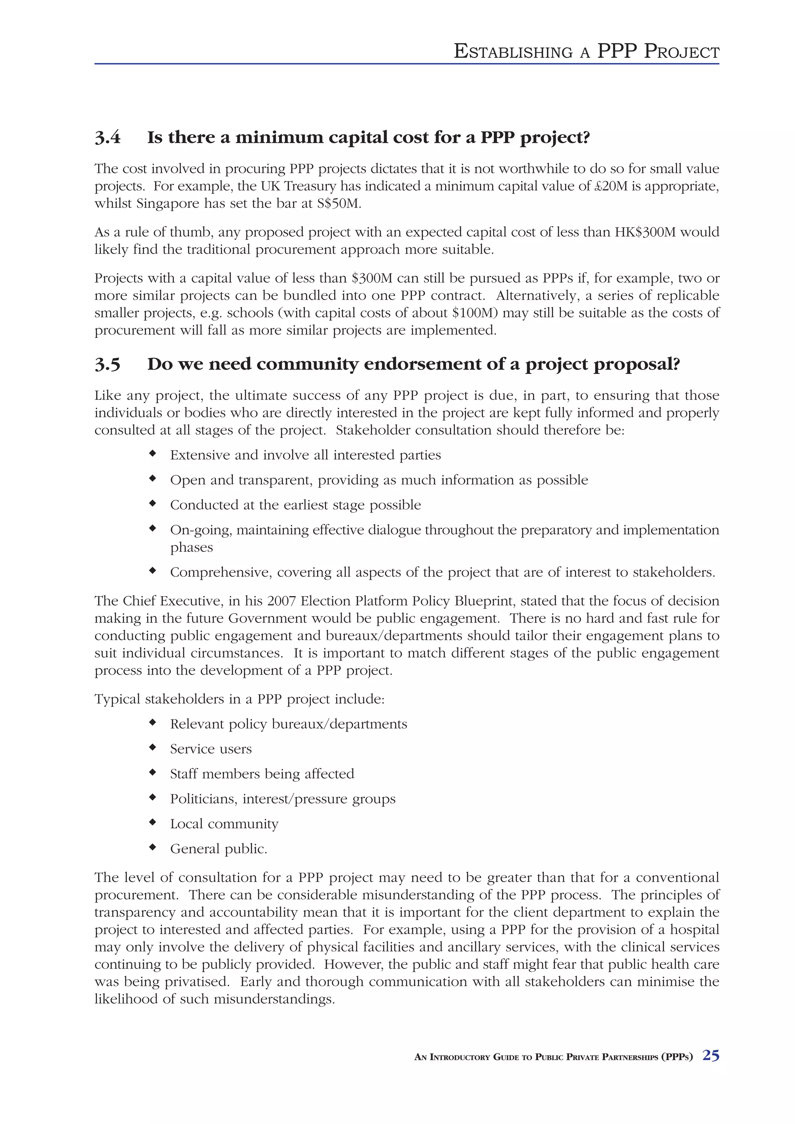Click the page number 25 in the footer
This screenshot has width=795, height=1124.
pos(711,1055)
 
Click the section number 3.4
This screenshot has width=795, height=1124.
pos(107,138)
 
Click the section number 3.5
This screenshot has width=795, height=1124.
pos(107,364)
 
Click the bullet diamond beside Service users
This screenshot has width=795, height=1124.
pos(153,747)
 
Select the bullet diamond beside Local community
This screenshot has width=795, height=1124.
pos(153,822)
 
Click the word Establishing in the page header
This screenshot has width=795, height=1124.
pos(513,52)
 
